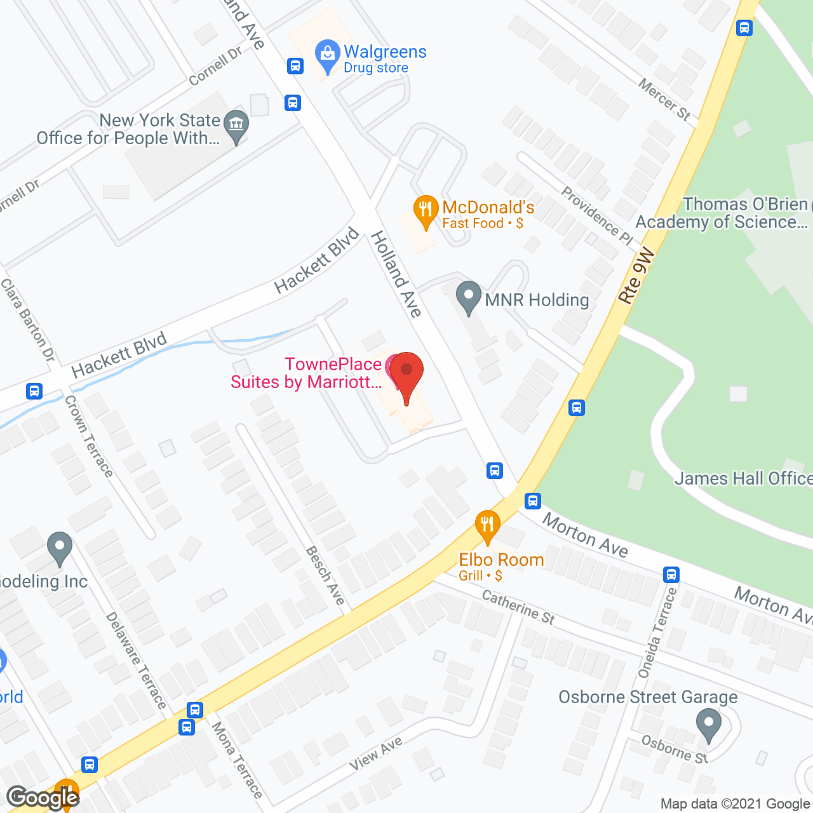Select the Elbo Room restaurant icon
coord(487,525)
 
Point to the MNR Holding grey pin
coord(469,297)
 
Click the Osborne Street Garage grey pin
coord(708,725)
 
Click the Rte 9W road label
coord(636,277)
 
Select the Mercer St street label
coord(664,99)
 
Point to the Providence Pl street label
coord(597,216)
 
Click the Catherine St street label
coord(518,607)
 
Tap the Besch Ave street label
coord(325,575)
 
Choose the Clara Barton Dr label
coord(27,320)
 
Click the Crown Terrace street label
coord(89,436)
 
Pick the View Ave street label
coord(376,753)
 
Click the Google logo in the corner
coord(43,797)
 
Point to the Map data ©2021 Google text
coord(736,804)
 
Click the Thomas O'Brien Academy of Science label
coord(722,213)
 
